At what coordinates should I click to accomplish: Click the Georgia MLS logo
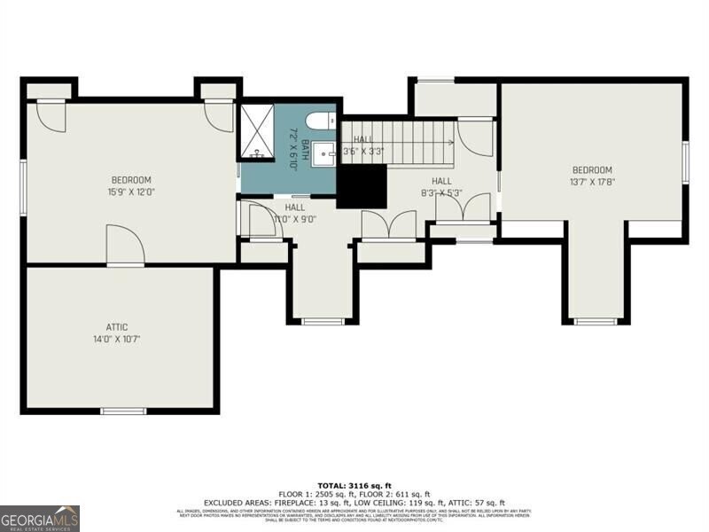40,518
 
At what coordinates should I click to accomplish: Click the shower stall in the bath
258,131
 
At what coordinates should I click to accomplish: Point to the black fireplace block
362,187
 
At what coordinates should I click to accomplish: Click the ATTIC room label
117,326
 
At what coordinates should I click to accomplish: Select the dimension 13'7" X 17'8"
592,183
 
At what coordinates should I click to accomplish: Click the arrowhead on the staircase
450,142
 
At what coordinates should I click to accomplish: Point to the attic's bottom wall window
122,411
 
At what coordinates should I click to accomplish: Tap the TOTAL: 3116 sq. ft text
354,485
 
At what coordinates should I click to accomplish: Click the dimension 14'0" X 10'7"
117,339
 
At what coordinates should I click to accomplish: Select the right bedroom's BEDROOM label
592,170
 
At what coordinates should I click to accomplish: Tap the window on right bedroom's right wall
685,162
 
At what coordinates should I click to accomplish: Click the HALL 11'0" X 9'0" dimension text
295,218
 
